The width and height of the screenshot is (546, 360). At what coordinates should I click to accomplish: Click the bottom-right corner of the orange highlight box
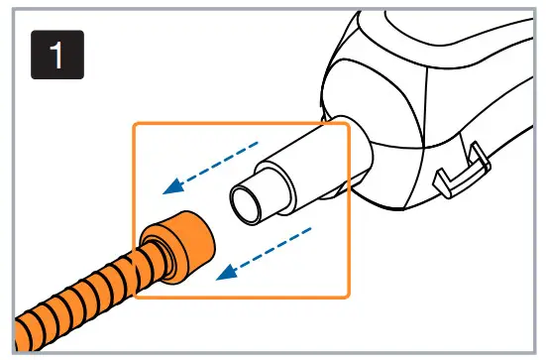[x=349, y=297]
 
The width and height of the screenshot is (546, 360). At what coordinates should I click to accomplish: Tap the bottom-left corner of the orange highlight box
[x=134, y=297]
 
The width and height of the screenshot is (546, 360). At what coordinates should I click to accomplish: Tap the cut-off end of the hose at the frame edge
[x=25, y=336]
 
